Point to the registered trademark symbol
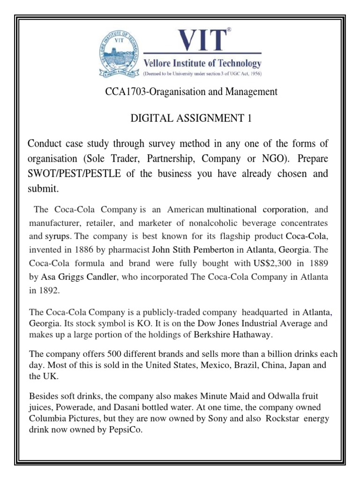229,30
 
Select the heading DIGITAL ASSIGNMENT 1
191,119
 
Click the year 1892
51,291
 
